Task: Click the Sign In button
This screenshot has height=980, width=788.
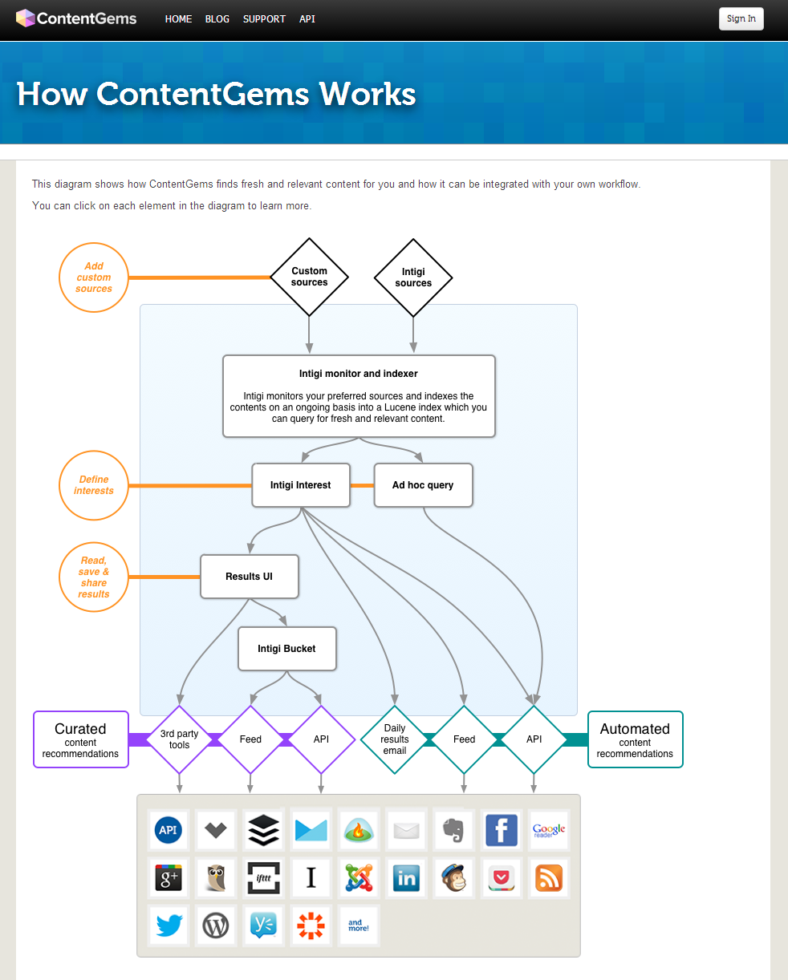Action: point(741,18)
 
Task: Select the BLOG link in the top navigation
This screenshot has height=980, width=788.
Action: point(217,18)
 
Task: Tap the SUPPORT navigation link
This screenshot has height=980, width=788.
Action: point(264,18)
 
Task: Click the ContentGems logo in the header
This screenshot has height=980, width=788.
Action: point(76,18)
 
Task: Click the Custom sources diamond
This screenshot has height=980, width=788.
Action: point(309,277)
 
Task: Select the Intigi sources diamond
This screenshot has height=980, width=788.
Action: point(413,277)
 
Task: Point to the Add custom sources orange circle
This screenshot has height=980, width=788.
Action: point(94,277)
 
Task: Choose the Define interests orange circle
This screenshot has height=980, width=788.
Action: point(94,485)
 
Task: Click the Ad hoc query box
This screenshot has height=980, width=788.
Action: point(423,485)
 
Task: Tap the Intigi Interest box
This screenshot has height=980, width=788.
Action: point(301,485)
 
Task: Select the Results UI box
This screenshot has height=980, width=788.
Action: point(249,577)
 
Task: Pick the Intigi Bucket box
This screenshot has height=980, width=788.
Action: point(286,649)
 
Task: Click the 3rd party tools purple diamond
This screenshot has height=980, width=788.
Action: point(179,739)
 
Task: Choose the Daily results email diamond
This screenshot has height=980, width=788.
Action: point(394,739)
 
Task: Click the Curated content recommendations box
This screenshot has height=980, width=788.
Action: point(80,739)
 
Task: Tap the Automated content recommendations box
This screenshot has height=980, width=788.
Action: point(635,739)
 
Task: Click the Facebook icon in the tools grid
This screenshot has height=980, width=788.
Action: point(502,830)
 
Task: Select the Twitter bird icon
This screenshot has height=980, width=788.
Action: point(169,926)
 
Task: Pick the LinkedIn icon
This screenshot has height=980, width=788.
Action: point(406,878)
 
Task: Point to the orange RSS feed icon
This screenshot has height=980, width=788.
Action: point(549,878)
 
